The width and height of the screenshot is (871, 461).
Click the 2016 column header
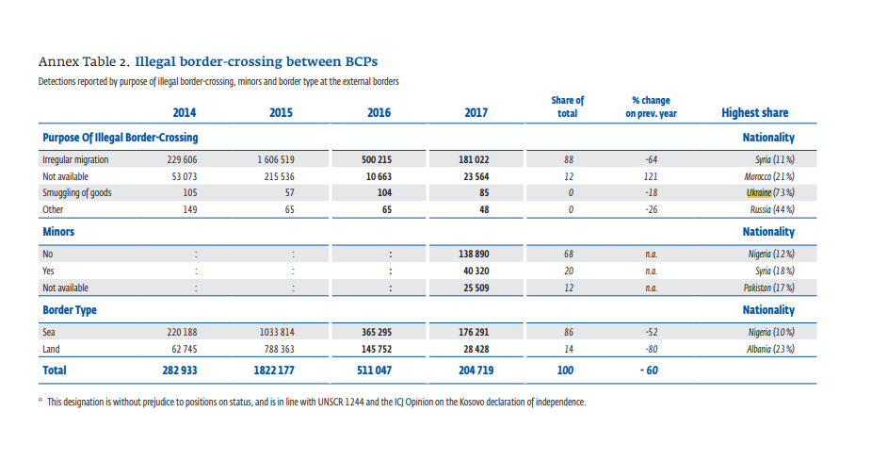379,112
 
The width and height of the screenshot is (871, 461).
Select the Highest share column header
754,112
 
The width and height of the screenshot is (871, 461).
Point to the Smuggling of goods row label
77,192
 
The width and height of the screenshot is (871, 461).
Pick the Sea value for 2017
476,332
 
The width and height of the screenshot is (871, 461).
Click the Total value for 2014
179,371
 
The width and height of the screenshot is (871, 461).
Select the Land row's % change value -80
651,348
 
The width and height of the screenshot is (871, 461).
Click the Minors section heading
58,231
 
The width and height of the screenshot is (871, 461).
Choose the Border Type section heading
70,309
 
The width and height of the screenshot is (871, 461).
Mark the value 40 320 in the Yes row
476,271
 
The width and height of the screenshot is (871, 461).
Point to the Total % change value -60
650,371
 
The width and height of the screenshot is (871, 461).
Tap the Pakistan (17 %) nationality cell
766,287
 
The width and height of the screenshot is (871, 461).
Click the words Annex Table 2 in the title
83,62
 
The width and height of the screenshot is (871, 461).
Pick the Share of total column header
567,107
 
